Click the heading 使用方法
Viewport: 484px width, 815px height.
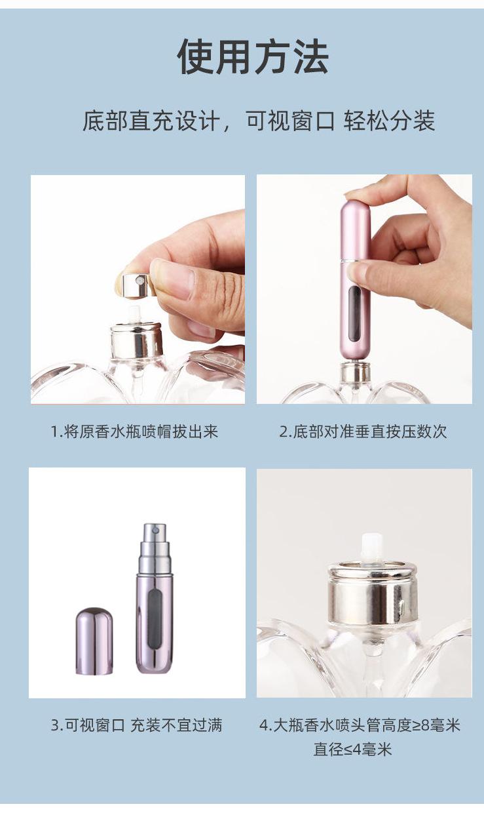pos(252,56)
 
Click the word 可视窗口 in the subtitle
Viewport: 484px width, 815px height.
pos(289,121)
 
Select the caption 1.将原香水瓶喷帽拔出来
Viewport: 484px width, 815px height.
pos(134,431)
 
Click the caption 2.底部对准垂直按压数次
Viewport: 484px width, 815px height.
pos(363,431)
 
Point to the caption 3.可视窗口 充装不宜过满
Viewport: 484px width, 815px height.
pos(136,725)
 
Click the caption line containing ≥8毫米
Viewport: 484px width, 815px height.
pos(360,725)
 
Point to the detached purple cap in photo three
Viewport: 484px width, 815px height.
pos(94,641)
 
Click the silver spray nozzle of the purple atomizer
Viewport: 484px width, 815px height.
pos(155,544)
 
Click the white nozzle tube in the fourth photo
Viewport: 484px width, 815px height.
pos(372,549)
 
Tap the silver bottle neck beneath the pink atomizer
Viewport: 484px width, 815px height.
pos(354,372)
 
